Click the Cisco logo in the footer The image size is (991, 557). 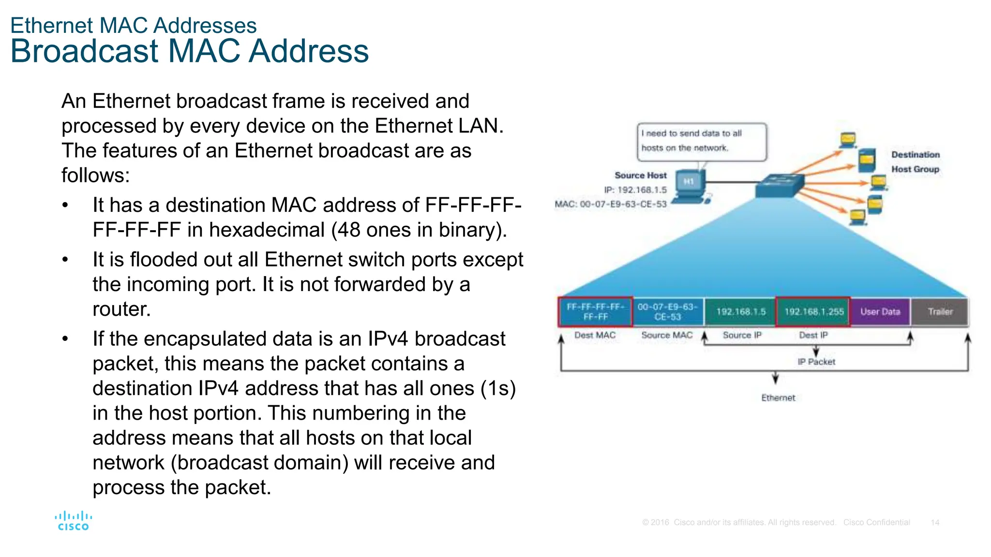[73, 521]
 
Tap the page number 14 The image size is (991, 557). [935, 522]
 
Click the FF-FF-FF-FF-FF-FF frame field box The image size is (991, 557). [595, 312]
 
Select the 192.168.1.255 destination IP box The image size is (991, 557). [813, 312]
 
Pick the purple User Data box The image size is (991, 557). [880, 312]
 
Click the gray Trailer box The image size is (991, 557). [940, 312]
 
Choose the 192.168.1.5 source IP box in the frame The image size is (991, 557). [740, 312]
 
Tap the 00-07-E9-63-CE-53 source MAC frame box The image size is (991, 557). [667, 312]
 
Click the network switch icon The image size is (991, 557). [780, 185]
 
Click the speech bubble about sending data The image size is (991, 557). [702, 141]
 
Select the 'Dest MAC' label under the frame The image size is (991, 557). [595, 335]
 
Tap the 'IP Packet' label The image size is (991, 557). [816, 362]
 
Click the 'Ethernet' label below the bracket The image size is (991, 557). [778, 397]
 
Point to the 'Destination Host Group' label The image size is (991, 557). [915, 162]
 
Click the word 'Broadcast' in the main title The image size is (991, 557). [84, 51]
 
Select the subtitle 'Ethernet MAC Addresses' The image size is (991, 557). [134, 26]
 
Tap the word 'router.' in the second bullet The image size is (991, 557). [121, 309]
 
